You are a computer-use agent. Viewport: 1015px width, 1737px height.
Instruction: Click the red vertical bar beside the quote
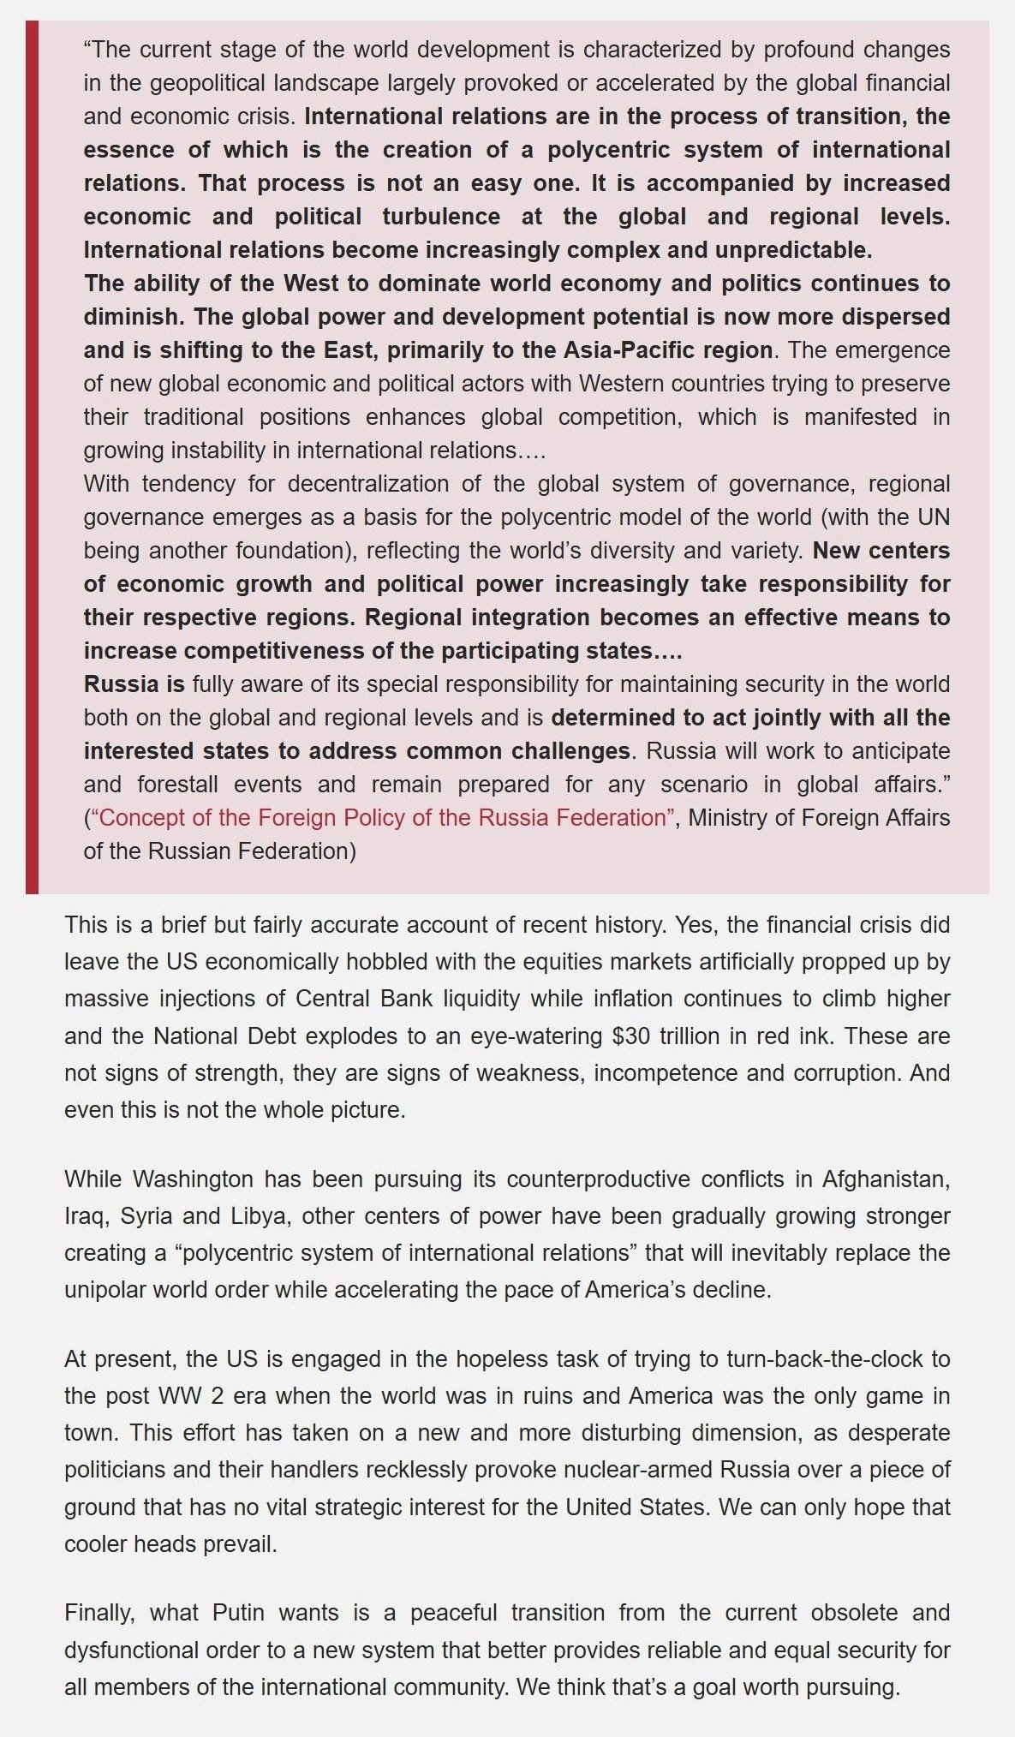click(x=32, y=457)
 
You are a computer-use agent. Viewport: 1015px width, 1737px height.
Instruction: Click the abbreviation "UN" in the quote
click(x=934, y=517)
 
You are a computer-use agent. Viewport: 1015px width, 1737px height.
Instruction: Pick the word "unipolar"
click(x=105, y=1290)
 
